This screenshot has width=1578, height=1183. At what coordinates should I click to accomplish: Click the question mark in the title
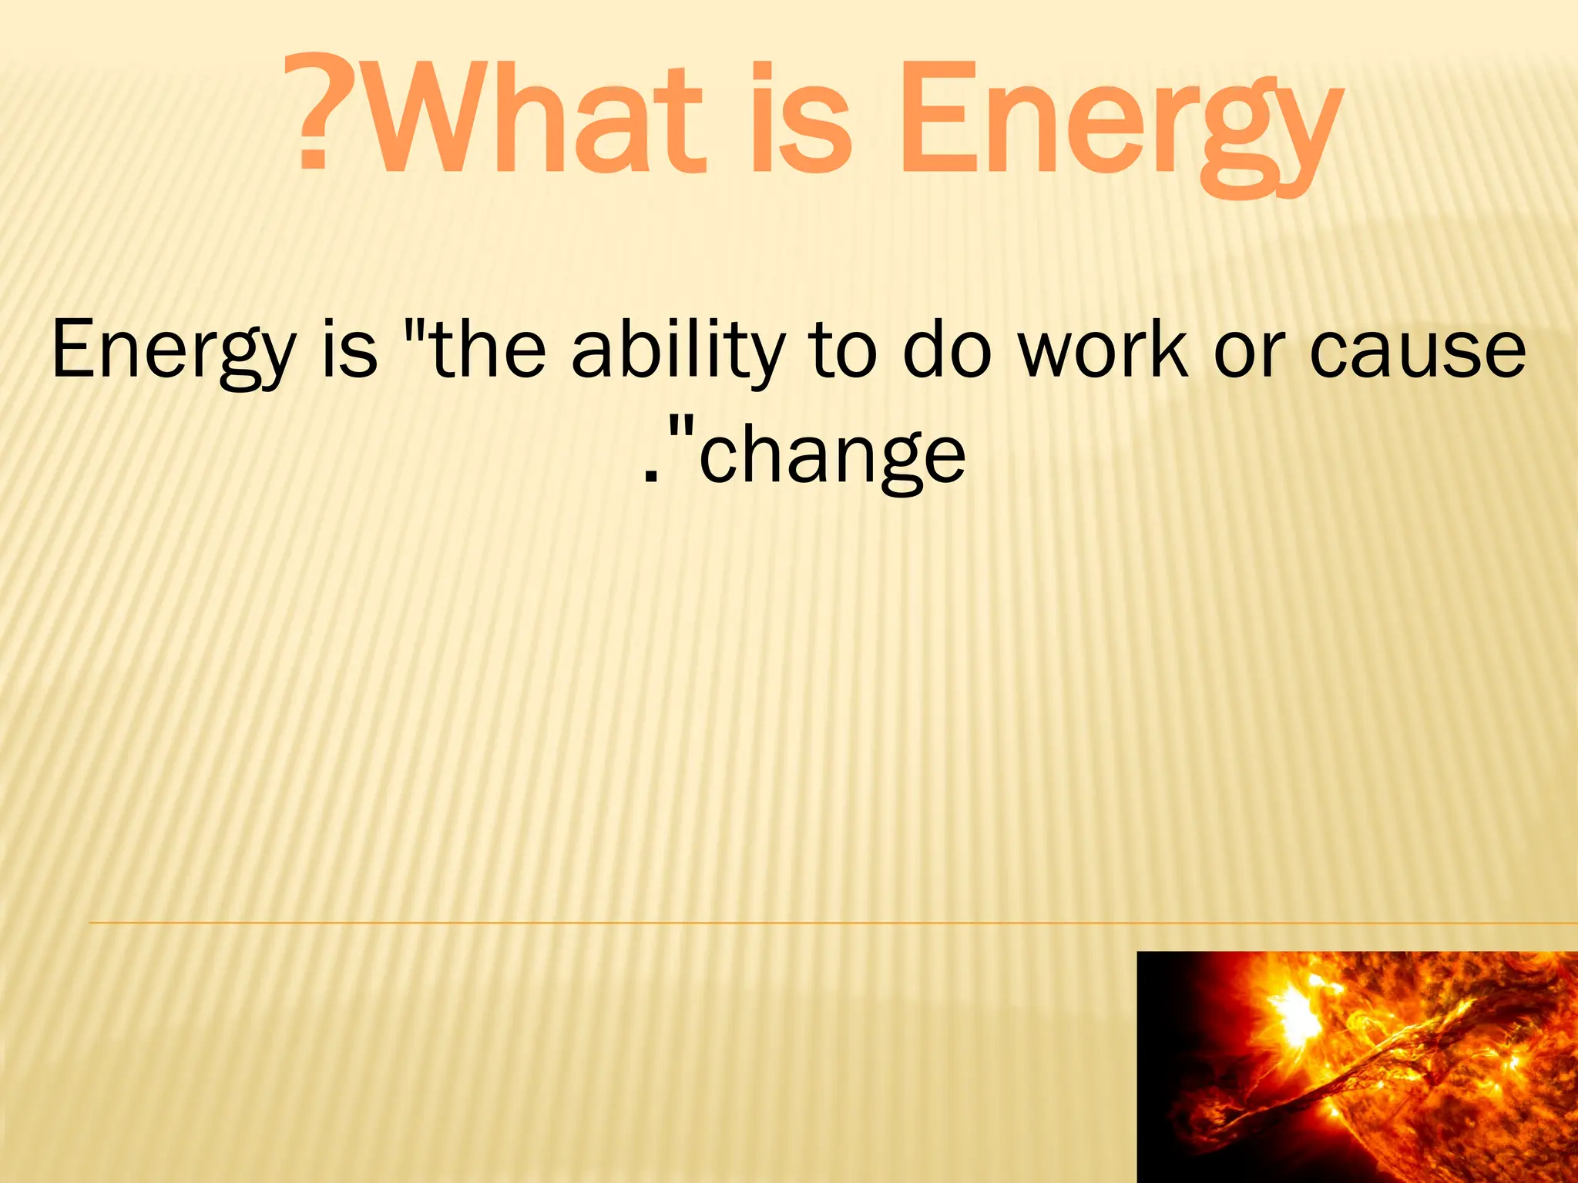[x=314, y=113]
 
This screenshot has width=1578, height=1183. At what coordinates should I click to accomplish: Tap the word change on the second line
[x=832, y=458]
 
